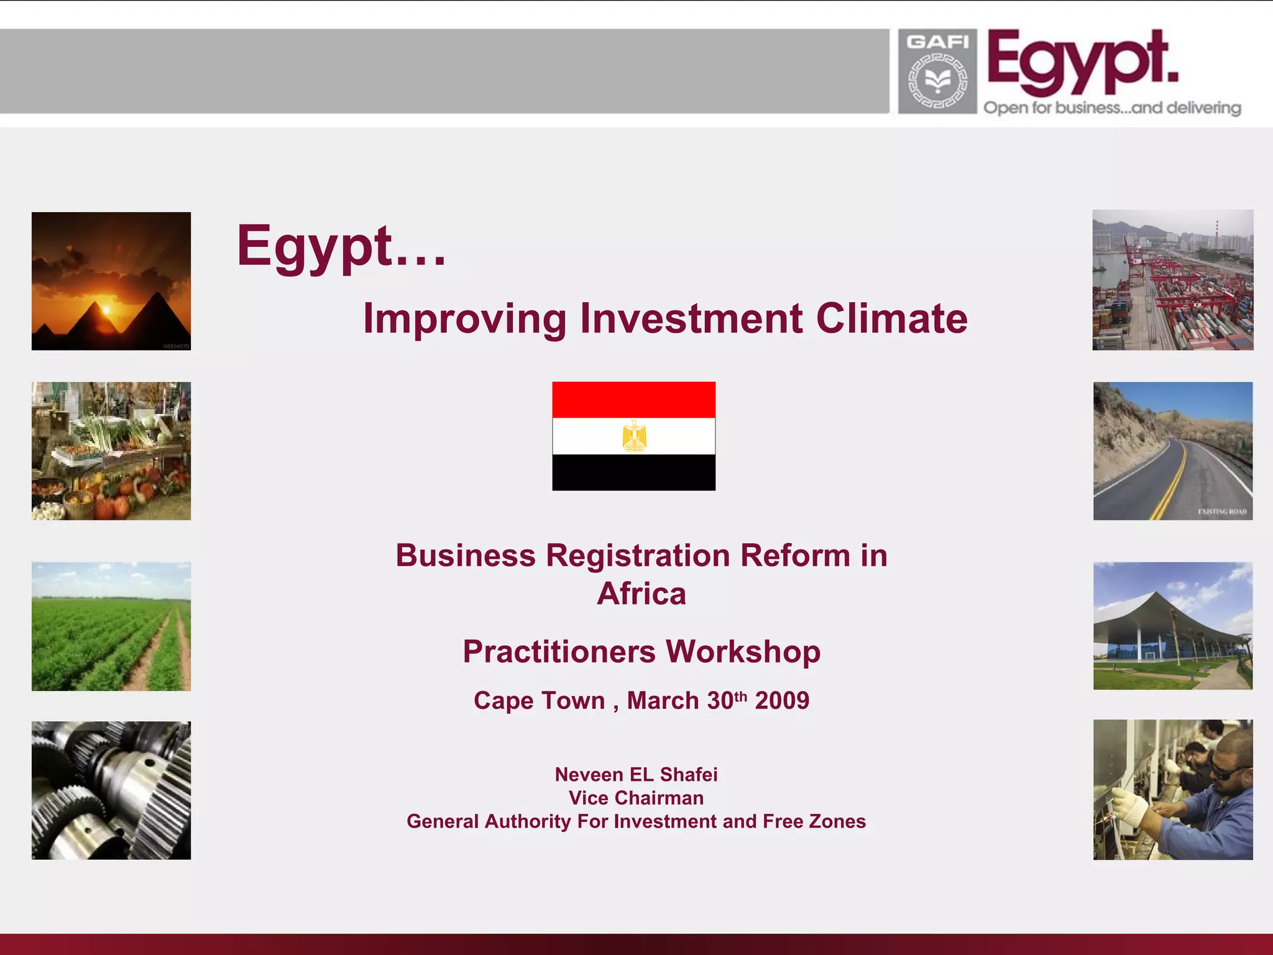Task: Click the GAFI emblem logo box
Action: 937,72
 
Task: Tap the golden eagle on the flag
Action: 634,436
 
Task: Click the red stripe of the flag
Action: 634,400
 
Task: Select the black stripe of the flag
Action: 634,472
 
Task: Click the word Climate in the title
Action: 891,318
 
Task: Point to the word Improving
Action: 464,318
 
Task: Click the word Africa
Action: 641,593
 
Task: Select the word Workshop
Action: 743,652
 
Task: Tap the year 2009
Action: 782,701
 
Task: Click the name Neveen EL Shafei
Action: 636,774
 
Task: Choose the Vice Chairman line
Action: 636,798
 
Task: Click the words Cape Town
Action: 539,701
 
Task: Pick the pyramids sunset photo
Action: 111,281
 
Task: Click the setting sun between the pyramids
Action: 106,310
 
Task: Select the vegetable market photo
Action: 111,451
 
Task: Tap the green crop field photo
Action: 111,626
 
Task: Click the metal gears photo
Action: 111,790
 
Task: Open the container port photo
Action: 1173,280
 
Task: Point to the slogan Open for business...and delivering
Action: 1112,108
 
